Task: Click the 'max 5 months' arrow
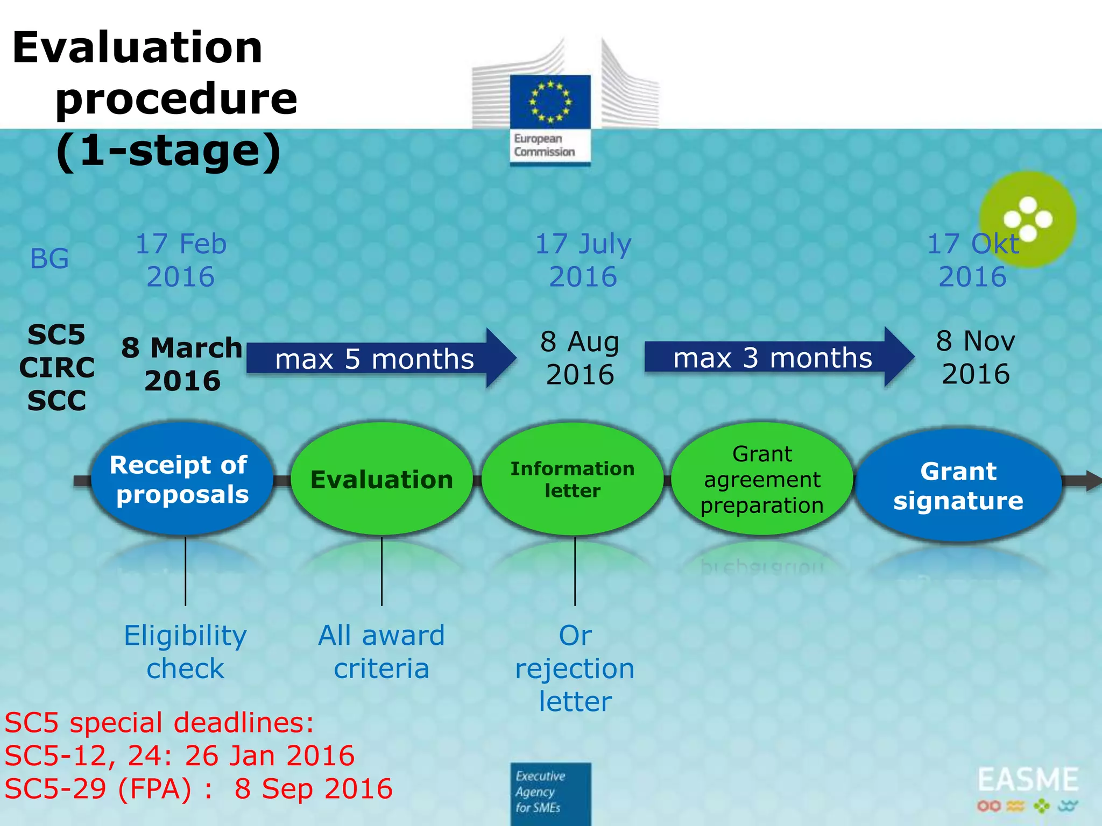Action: tap(377, 359)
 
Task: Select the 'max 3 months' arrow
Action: tap(775, 358)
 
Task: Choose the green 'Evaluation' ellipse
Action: tap(382, 479)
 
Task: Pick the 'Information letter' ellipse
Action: tap(573, 479)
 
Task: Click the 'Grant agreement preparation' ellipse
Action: tap(762, 479)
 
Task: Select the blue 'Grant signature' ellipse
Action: tap(958, 485)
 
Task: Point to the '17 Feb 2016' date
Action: tap(181, 260)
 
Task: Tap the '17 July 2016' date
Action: tap(583, 260)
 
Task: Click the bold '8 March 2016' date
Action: tap(182, 364)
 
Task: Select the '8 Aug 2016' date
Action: tap(580, 358)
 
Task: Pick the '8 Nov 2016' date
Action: tap(976, 357)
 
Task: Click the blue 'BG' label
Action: tap(50, 259)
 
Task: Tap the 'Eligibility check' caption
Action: tap(185, 652)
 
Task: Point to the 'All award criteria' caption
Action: tap(382, 652)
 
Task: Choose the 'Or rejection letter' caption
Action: tap(575, 668)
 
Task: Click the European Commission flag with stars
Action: tap(550, 102)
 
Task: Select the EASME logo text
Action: tap(1028, 780)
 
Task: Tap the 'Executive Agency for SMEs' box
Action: tap(550, 793)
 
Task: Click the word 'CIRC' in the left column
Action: tap(57, 368)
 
